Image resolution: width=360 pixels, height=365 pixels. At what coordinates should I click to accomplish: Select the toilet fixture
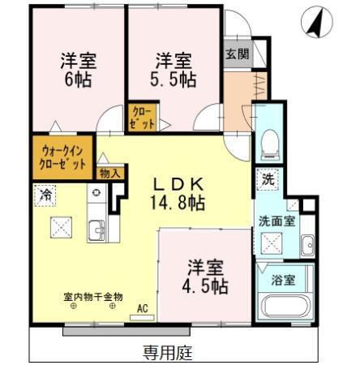[271, 144]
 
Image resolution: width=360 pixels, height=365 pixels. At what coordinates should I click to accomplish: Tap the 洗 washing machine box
[267, 180]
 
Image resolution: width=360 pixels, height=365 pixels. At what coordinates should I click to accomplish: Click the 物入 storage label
[109, 172]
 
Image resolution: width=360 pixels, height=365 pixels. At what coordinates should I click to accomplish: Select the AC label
[143, 307]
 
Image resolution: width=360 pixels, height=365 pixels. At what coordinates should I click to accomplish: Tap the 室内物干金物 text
[93, 296]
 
